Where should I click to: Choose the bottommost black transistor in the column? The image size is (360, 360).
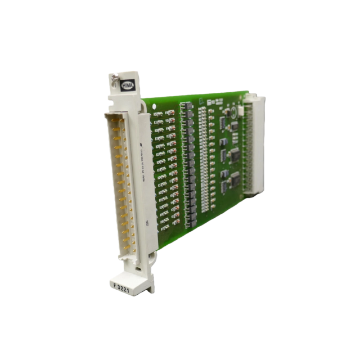[x=192, y=219]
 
